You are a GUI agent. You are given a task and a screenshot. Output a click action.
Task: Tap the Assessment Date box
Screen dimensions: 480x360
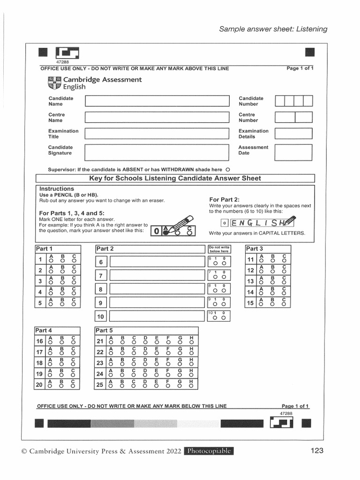click(293, 152)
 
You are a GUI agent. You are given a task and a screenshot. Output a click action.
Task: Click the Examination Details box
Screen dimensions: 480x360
click(293, 134)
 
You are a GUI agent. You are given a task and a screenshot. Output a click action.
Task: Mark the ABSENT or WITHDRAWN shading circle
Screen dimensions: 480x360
click(228, 169)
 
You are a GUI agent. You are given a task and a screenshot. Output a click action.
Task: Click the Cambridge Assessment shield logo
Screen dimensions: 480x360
click(54, 83)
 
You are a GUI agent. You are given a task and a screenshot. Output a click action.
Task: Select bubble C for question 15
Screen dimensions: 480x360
click(284, 305)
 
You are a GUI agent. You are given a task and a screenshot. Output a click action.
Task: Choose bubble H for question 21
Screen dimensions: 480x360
click(191, 343)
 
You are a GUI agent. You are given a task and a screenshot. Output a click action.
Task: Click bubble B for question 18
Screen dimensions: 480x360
click(62, 365)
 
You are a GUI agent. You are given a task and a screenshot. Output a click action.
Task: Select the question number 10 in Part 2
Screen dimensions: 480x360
click(101, 317)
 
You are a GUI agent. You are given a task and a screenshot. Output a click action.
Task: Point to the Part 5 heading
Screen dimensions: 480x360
click(105, 330)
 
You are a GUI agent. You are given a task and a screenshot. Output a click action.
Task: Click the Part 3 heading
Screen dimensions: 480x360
click(255, 248)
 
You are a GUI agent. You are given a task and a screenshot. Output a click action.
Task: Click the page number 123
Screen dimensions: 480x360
click(317, 451)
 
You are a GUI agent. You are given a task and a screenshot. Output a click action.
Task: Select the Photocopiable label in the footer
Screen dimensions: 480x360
click(209, 451)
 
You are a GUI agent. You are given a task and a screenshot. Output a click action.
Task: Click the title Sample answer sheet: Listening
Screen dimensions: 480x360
click(273, 29)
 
